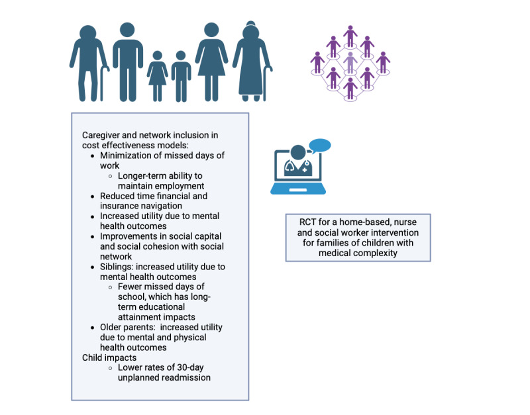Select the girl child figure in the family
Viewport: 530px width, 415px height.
point(158,76)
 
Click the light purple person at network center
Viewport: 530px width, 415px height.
point(350,63)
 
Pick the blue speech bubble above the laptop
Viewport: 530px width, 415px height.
point(319,146)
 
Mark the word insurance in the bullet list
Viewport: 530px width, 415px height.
point(121,206)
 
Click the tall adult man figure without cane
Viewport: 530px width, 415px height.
point(127,61)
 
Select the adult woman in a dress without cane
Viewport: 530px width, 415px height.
point(211,61)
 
